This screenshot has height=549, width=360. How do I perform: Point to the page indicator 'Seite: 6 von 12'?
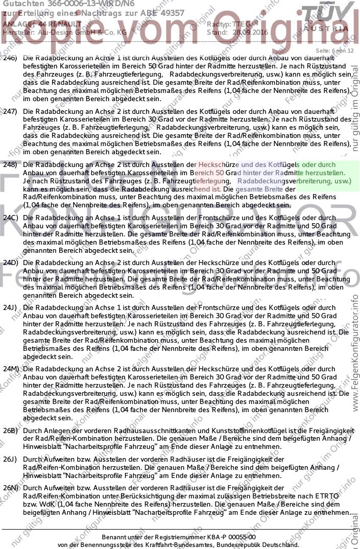pos(334,51)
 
